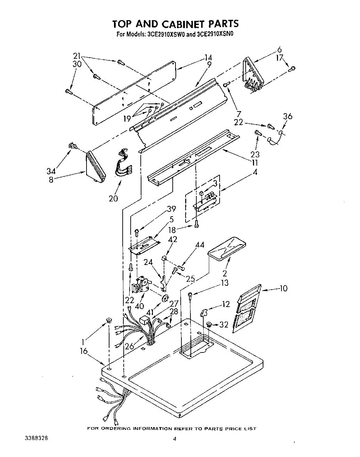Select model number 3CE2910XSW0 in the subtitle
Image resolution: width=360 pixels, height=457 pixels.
[166, 34]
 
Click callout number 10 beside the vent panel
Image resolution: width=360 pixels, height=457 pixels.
[283, 288]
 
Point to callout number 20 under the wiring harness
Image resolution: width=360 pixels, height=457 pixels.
[113, 198]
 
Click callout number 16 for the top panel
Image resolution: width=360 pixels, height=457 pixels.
[83, 351]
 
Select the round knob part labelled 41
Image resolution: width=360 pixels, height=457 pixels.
[165, 298]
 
